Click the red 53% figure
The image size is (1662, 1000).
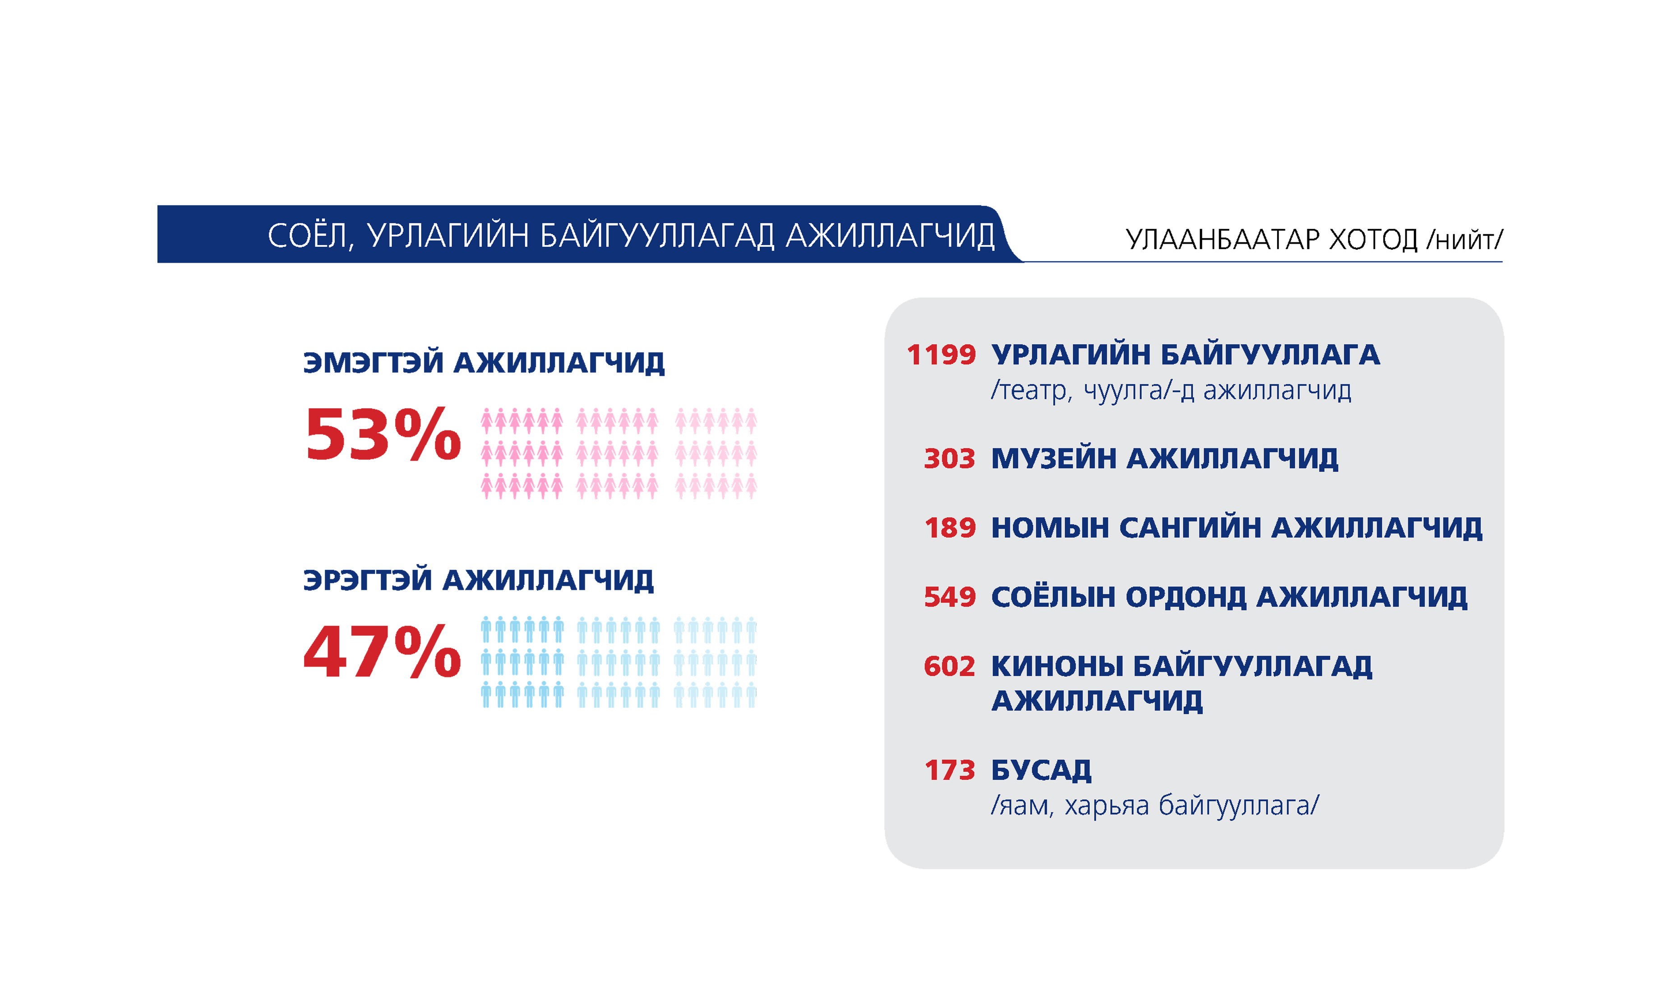[x=383, y=435]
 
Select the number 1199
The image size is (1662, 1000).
[x=941, y=354]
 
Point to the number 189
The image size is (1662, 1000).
[x=950, y=528]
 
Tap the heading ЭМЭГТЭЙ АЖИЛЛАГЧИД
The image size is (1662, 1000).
[x=484, y=362]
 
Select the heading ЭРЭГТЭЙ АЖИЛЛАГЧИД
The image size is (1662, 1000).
[x=478, y=579]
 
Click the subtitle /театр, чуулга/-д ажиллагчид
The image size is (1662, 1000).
[x=1171, y=390]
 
